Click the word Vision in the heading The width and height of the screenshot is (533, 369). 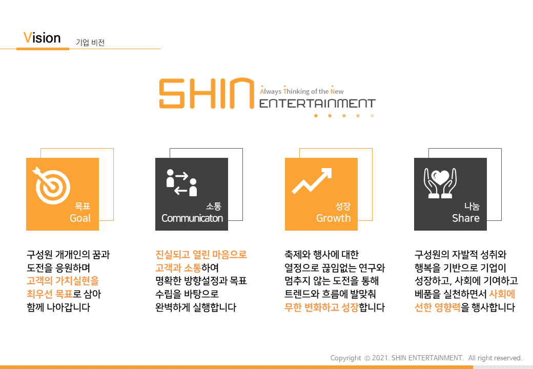click(x=42, y=38)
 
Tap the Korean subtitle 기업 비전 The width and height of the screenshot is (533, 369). click(x=90, y=43)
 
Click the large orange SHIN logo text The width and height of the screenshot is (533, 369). click(x=207, y=93)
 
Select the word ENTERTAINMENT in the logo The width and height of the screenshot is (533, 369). click(x=317, y=104)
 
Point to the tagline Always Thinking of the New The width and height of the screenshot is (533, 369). click(x=302, y=91)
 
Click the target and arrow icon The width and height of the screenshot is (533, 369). click(x=51, y=185)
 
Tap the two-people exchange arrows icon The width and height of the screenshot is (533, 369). click(x=181, y=183)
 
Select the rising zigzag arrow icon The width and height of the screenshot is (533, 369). click(x=312, y=181)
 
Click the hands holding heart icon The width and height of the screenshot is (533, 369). click(x=440, y=183)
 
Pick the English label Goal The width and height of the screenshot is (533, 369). click(x=80, y=218)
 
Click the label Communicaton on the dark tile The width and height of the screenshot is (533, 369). click(x=192, y=218)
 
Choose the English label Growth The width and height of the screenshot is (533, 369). click(x=334, y=218)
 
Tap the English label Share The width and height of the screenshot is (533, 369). click(x=466, y=218)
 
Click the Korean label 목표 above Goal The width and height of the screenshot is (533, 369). click(x=83, y=206)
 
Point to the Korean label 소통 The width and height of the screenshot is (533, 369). click(x=214, y=206)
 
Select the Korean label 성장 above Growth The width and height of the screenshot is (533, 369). click(x=343, y=206)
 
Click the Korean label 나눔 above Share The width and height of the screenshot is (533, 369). click(x=472, y=206)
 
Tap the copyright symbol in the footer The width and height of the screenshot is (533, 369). click(x=367, y=358)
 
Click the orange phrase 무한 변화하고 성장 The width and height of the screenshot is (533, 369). click(x=321, y=307)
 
